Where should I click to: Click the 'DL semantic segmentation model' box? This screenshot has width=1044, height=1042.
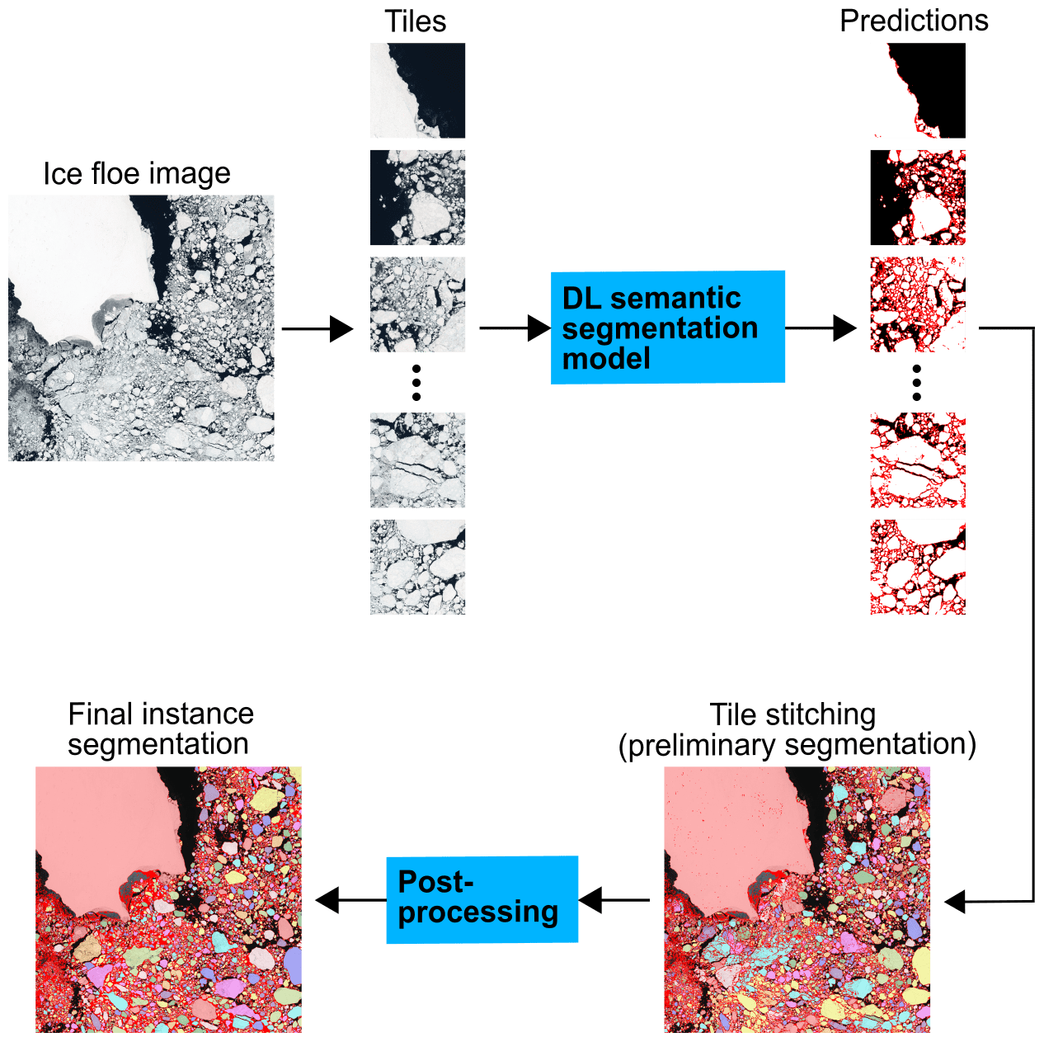click(x=667, y=327)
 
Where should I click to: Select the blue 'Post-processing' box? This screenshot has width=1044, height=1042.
click(x=482, y=899)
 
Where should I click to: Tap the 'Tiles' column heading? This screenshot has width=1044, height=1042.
click(x=416, y=21)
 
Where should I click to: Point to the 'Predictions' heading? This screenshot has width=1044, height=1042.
click(x=914, y=21)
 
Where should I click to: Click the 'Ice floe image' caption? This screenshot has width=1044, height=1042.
click(x=137, y=173)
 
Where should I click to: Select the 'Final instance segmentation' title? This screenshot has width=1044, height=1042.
click(x=160, y=728)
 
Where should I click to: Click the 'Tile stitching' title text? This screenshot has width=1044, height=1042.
click(x=792, y=714)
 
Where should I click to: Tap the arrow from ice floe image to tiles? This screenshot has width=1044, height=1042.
click(x=317, y=328)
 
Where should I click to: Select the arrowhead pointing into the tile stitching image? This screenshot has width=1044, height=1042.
click(x=955, y=902)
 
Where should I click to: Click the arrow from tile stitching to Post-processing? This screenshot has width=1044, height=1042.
click(x=614, y=900)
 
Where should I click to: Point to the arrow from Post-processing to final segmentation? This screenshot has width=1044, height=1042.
click(x=350, y=900)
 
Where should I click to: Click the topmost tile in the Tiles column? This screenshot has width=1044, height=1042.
click(x=417, y=91)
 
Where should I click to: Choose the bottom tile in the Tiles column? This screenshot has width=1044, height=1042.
click(x=417, y=567)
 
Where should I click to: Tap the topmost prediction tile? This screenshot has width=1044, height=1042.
click(x=918, y=91)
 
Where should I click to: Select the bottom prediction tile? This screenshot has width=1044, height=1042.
click(x=918, y=567)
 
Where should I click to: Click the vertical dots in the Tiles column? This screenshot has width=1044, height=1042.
click(x=416, y=383)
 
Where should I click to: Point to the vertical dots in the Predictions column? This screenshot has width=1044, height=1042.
click(x=917, y=383)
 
